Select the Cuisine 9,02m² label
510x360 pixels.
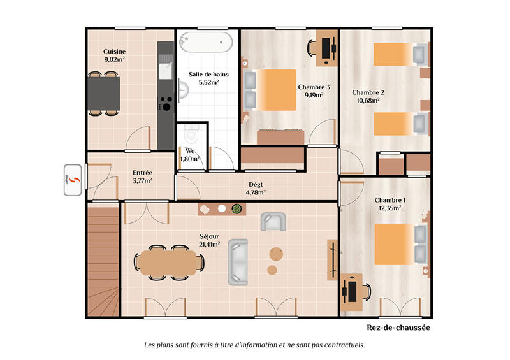114,55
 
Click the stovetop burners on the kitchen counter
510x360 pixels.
165,104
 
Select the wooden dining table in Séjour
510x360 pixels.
167,262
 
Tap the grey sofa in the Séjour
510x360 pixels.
238,261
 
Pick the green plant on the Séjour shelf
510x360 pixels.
237,208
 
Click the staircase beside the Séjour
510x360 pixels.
102,261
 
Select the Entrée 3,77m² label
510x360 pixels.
142,176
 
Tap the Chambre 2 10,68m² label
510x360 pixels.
368,96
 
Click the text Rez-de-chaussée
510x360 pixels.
398,328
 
